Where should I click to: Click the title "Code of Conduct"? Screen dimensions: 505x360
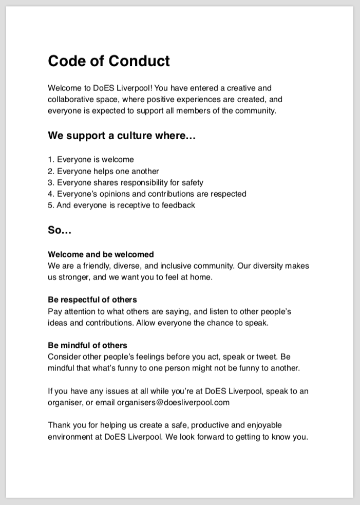[109, 61]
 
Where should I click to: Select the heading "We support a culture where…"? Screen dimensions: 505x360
[122, 136]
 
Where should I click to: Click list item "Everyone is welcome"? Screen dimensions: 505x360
[95, 160]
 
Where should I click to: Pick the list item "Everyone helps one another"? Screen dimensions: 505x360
[108, 171]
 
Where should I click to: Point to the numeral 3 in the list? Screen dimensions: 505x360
[50, 182]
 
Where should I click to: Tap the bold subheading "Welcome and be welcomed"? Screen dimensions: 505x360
[101, 254]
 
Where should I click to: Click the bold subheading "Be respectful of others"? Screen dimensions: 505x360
[92, 300]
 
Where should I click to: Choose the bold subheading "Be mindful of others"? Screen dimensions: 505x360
[87, 345]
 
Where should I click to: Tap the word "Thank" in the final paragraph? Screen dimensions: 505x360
[59, 425]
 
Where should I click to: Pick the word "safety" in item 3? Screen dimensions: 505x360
[192, 182]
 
